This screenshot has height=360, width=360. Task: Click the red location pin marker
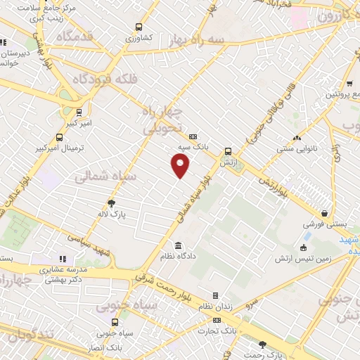[x=181, y=165]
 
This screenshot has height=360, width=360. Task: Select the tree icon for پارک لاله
[x=108, y=202]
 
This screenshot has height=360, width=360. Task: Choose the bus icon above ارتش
[x=228, y=151]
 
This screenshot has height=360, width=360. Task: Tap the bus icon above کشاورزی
[x=139, y=29]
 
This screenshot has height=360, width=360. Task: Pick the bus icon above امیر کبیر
[x=79, y=111]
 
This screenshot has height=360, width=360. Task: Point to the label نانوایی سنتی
[x=297, y=148]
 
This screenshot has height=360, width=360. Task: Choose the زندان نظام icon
[x=215, y=295]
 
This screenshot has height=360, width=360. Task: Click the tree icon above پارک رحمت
[x=262, y=345]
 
